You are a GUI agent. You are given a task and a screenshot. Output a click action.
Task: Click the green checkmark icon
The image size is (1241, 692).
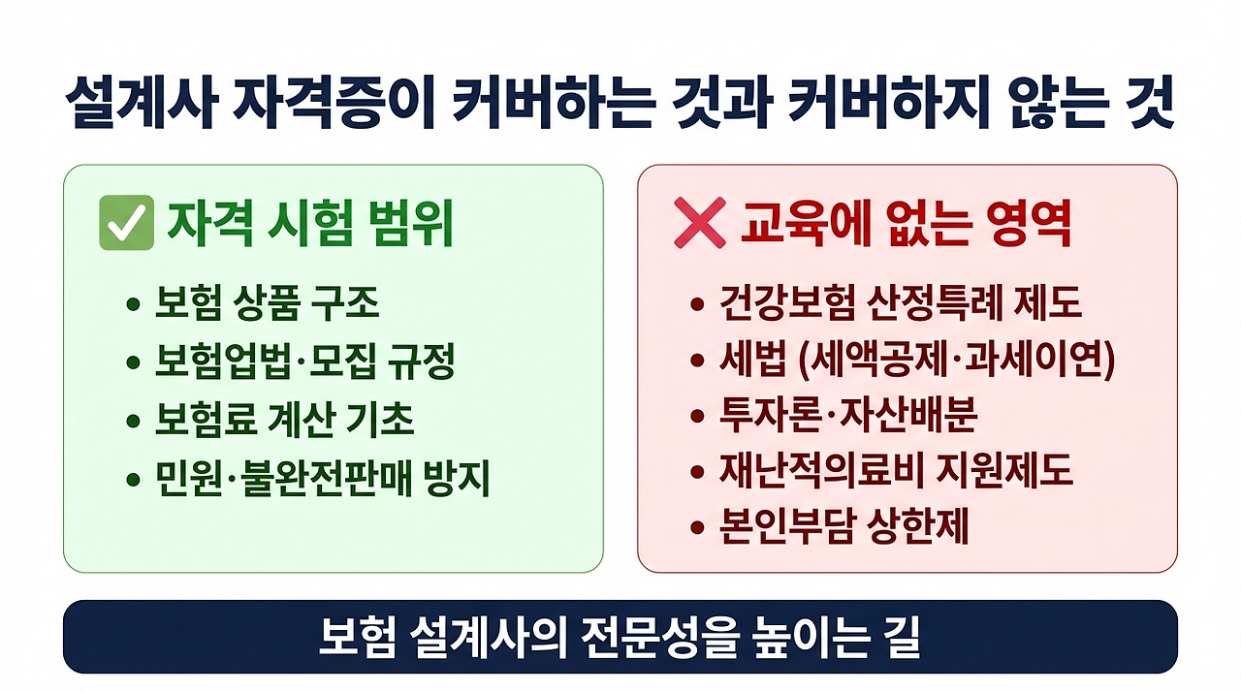(127, 223)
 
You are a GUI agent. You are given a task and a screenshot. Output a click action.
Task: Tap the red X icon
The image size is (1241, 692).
(699, 224)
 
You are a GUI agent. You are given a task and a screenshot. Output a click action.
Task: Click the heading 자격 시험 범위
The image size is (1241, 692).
(310, 224)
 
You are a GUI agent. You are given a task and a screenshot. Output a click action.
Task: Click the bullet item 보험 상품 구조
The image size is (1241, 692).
(267, 304)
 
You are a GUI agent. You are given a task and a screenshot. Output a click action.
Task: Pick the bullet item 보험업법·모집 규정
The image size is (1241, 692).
(304, 362)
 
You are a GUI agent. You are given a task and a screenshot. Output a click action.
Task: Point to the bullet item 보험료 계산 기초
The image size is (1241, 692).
(284, 421)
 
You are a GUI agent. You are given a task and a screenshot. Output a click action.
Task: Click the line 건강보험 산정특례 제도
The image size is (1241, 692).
(900, 304)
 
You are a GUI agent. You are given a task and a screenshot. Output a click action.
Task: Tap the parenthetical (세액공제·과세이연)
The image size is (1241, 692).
(956, 361)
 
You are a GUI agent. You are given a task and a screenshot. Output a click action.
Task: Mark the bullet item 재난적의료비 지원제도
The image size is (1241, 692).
(896, 472)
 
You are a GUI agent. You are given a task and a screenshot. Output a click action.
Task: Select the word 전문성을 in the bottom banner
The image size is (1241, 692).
(670, 638)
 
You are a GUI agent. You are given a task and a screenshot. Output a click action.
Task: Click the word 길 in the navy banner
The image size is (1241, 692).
(901, 638)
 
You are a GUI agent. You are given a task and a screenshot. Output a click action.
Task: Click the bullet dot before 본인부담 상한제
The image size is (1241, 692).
(696, 529)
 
